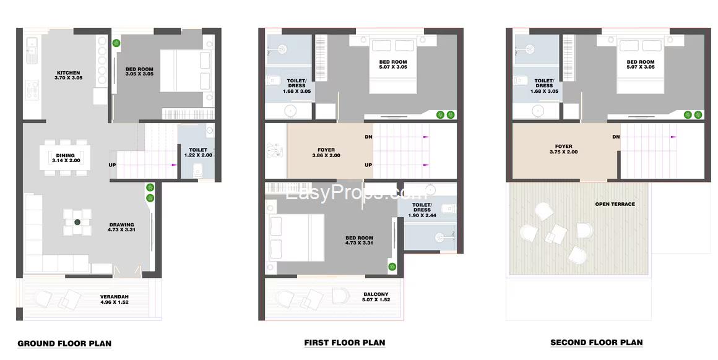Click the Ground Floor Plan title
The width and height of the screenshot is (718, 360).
click(x=64, y=343)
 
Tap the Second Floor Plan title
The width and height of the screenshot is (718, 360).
click(x=596, y=342)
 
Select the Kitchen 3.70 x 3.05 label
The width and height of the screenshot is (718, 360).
click(x=68, y=75)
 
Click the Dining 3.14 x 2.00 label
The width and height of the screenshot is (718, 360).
click(x=66, y=158)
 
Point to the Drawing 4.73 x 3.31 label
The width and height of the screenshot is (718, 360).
click(x=122, y=227)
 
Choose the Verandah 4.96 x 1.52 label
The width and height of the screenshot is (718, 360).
click(x=115, y=299)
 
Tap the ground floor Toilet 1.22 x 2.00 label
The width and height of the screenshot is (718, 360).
click(x=198, y=152)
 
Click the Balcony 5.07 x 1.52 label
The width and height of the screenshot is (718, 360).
click(x=376, y=297)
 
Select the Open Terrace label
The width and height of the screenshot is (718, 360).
click(x=615, y=204)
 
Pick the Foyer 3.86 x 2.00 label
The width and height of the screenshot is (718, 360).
click(x=326, y=152)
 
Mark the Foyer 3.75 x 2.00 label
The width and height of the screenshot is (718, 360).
click(x=563, y=149)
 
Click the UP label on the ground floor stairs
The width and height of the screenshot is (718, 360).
click(x=112, y=165)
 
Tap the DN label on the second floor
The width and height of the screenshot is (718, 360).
click(x=616, y=137)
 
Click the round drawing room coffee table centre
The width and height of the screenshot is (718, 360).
click(x=77, y=222)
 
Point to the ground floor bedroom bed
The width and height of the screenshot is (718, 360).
click(x=186, y=71)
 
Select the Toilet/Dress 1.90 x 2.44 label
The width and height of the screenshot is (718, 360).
click(x=422, y=210)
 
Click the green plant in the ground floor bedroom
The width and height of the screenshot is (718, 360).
click(x=117, y=43)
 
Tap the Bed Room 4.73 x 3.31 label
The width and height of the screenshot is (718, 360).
click(x=360, y=241)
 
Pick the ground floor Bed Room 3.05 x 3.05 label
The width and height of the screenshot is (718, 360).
click(x=140, y=71)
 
